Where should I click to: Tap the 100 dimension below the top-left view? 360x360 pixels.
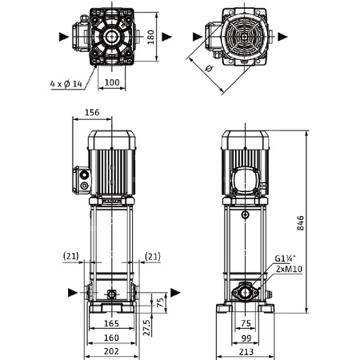111,82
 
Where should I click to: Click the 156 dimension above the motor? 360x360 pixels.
91,114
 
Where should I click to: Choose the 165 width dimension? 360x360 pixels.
111,324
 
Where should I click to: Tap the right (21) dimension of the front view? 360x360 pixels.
152,256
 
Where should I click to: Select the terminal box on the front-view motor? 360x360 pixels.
82,179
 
